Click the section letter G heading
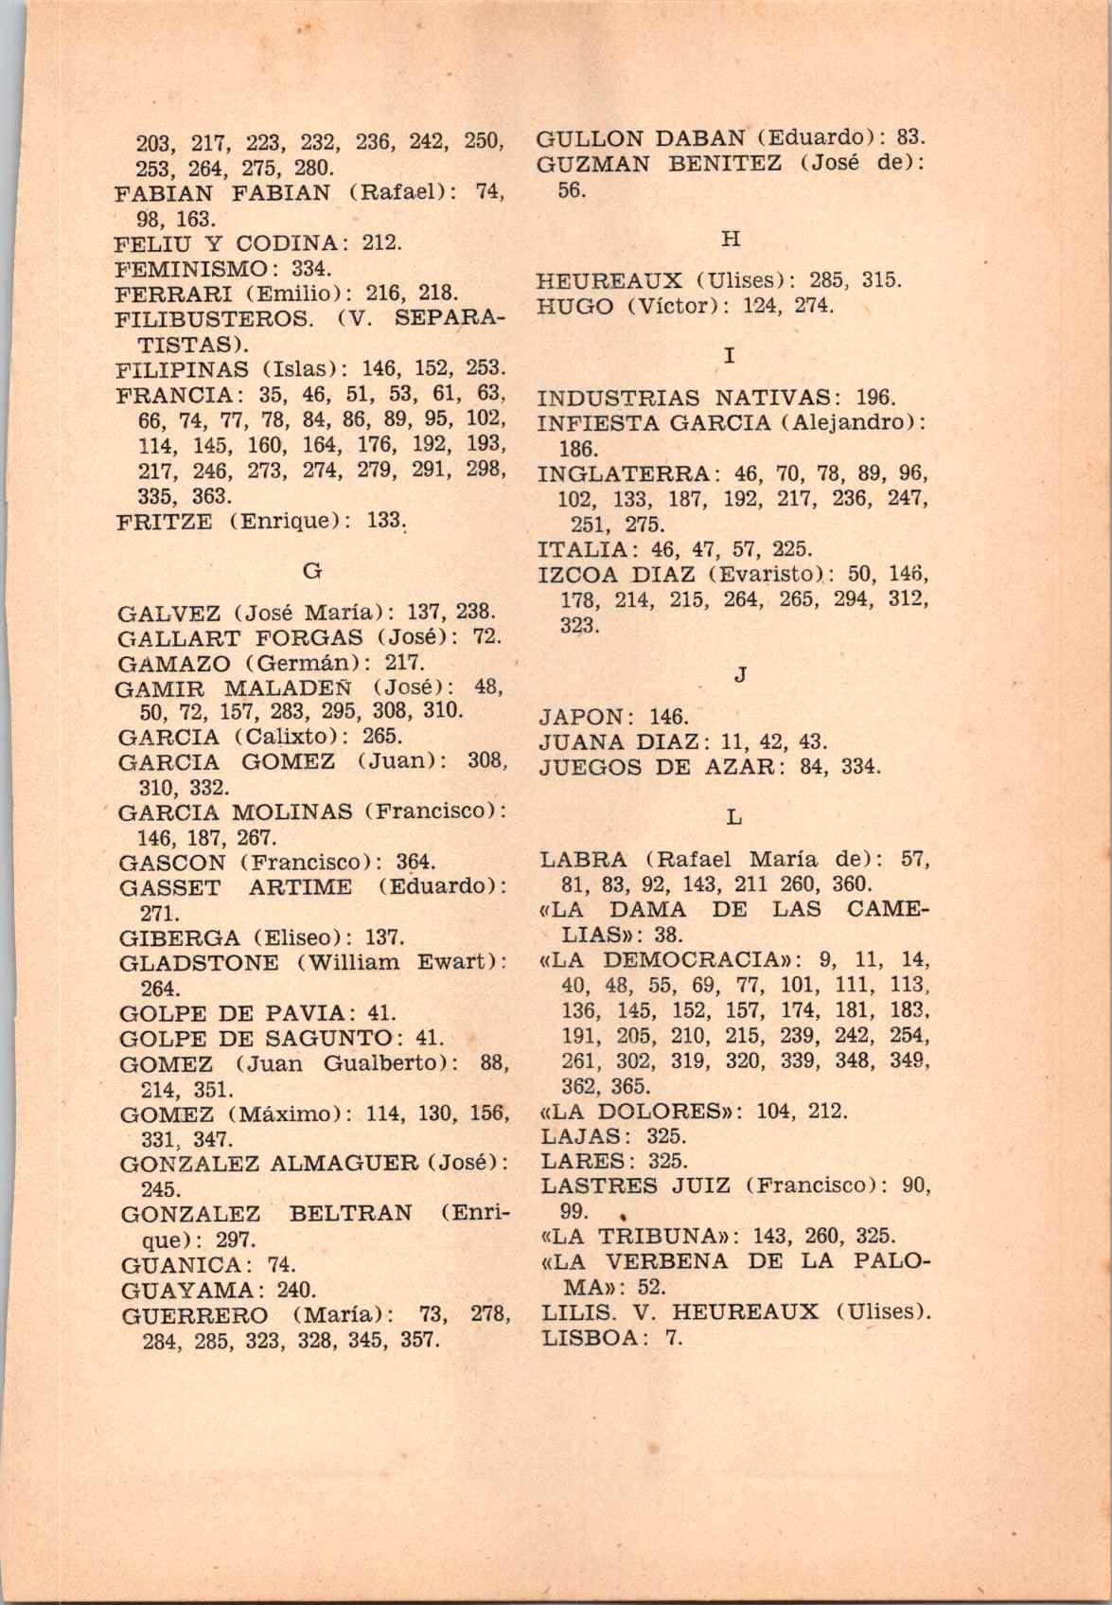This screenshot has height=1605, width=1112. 311,570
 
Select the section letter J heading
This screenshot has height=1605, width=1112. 740,674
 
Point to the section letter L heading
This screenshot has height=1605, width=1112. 735,816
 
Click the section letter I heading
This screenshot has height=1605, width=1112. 729,356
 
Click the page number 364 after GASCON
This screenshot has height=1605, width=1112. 415,863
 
